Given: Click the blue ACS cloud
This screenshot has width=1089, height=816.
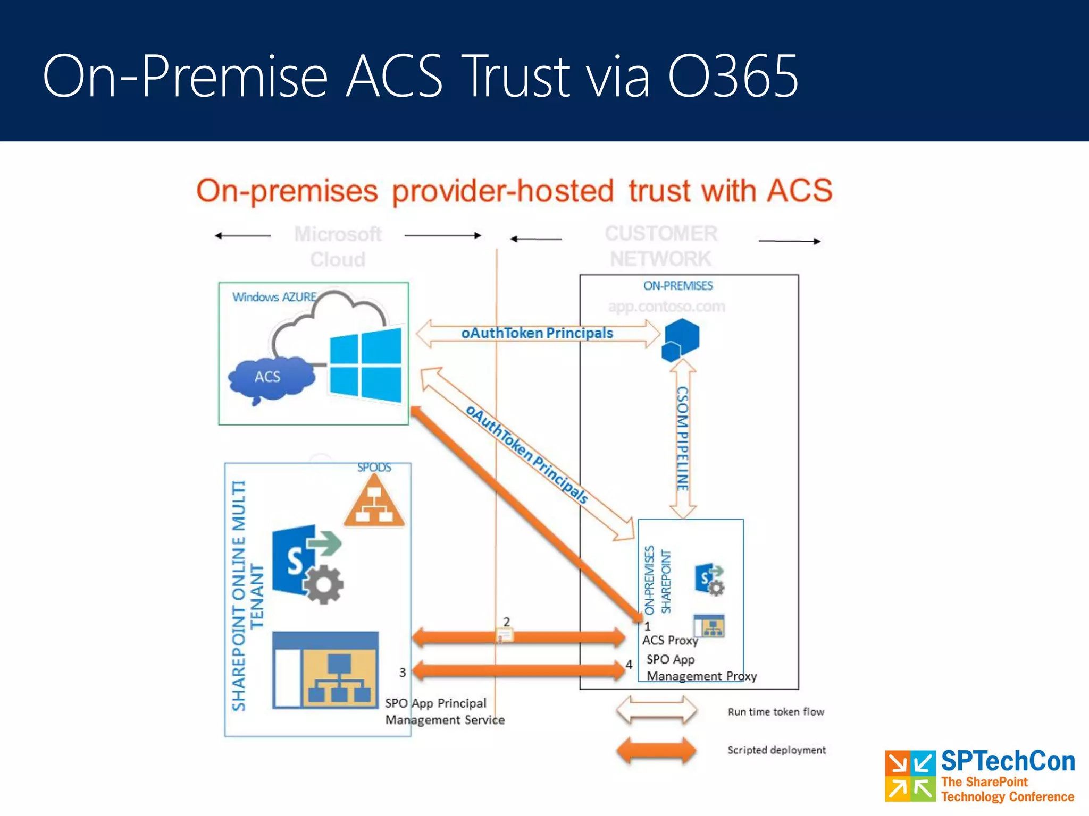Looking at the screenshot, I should (269, 378).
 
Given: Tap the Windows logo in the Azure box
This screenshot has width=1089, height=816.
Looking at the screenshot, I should (366, 365).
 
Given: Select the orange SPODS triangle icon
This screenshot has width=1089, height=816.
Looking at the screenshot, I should (374, 502).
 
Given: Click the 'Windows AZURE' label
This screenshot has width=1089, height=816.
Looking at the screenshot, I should (274, 297).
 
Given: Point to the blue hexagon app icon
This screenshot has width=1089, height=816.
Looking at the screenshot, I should (680, 339).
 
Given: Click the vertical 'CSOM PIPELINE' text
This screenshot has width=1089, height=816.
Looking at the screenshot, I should (682, 438).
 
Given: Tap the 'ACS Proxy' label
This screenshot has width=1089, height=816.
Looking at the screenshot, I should (670, 641).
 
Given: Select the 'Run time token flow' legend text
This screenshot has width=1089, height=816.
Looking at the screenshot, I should (776, 712).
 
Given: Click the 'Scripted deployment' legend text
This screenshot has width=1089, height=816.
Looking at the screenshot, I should (776, 750).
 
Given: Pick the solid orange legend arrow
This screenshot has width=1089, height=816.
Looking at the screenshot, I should (656, 751).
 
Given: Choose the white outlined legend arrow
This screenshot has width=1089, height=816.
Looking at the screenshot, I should (656, 711).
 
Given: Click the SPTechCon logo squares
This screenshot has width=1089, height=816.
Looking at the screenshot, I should (910, 776).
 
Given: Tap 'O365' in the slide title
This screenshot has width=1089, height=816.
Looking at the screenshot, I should (733, 77).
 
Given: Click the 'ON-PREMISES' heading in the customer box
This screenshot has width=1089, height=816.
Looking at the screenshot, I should (678, 286).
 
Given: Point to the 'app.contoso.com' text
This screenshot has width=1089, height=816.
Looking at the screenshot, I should (666, 307).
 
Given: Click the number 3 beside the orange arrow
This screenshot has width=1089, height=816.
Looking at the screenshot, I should (403, 673).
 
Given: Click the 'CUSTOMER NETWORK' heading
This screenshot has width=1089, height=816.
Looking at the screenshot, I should (661, 246).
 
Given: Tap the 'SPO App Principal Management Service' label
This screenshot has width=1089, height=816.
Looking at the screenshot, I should (444, 711).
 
